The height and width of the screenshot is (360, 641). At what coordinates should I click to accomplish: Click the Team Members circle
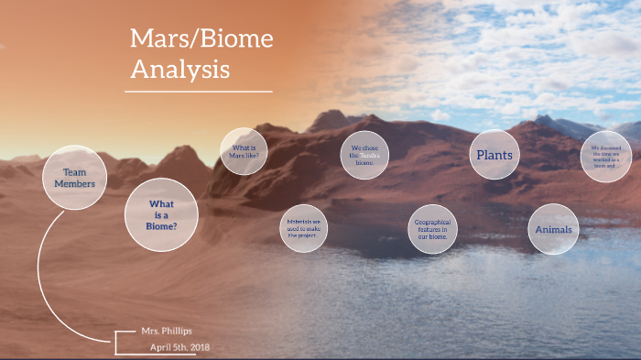pyautogui.click(x=75, y=178)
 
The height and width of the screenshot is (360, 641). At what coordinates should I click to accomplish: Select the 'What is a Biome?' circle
pyautogui.click(x=162, y=214)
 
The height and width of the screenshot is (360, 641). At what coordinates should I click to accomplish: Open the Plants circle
pyautogui.click(x=495, y=155)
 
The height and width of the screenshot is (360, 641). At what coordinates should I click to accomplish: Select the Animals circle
pyautogui.click(x=553, y=229)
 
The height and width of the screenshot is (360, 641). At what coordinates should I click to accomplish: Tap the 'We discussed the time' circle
pyautogui.click(x=606, y=156)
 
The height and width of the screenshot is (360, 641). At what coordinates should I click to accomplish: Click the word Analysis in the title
pyautogui.click(x=179, y=69)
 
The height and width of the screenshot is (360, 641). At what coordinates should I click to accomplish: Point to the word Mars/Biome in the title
pyautogui.click(x=201, y=39)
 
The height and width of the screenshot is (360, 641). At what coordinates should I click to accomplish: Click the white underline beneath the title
pyautogui.click(x=199, y=92)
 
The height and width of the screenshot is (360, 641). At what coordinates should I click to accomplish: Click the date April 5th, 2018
pyautogui.click(x=181, y=347)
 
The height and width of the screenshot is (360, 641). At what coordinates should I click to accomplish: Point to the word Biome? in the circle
pyautogui.click(x=162, y=226)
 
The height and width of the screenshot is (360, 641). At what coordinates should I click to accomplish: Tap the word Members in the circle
pyautogui.click(x=75, y=184)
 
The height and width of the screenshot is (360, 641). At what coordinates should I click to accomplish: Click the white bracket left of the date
pyautogui.click(x=118, y=342)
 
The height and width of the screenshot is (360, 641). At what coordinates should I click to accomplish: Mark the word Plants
pyautogui.click(x=495, y=155)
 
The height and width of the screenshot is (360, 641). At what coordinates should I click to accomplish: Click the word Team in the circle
pyautogui.click(x=75, y=172)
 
